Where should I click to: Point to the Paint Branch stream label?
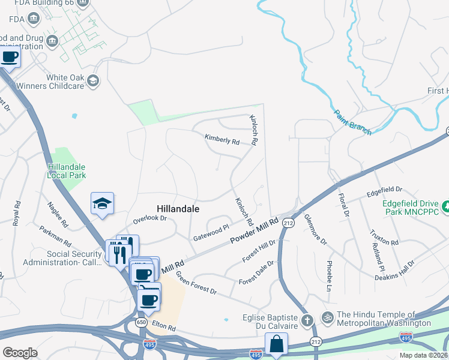(x=352, y=122)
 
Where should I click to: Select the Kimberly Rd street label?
(x=221, y=140)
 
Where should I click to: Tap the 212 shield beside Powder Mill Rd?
(x=289, y=222)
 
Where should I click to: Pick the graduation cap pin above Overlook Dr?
(x=102, y=204)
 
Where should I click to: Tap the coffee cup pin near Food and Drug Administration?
(x=9, y=57)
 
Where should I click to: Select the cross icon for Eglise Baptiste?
(x=307, y=320)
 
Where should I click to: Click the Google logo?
(x=20, y=352)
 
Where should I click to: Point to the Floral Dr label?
(x=343, y=204)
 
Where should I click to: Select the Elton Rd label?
(x=163, y=329)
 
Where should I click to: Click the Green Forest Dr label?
(x=196, y=283)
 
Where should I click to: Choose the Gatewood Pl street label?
(x=211, y=233)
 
